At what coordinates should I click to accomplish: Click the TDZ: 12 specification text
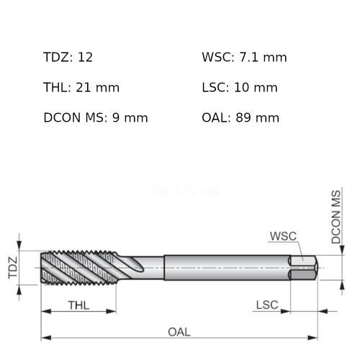click(x=68, y=58)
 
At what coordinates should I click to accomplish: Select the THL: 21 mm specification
click(x=81, y=88)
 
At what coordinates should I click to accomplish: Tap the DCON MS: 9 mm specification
click(x=96, y=117)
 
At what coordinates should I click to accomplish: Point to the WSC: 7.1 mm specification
click(x=244, y=58)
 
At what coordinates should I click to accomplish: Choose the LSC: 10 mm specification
click(x=240, y=88)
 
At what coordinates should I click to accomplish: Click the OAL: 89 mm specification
click(x=240, y=117)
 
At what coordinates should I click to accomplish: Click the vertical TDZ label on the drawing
click(x=12, y=268)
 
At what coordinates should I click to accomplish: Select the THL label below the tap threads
click(x=78, y=305)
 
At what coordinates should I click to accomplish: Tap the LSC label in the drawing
click(x=267, y=305)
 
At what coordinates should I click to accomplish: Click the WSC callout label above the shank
click(x=283, y=236)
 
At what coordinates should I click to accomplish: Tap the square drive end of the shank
click(x=304, y=268)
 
